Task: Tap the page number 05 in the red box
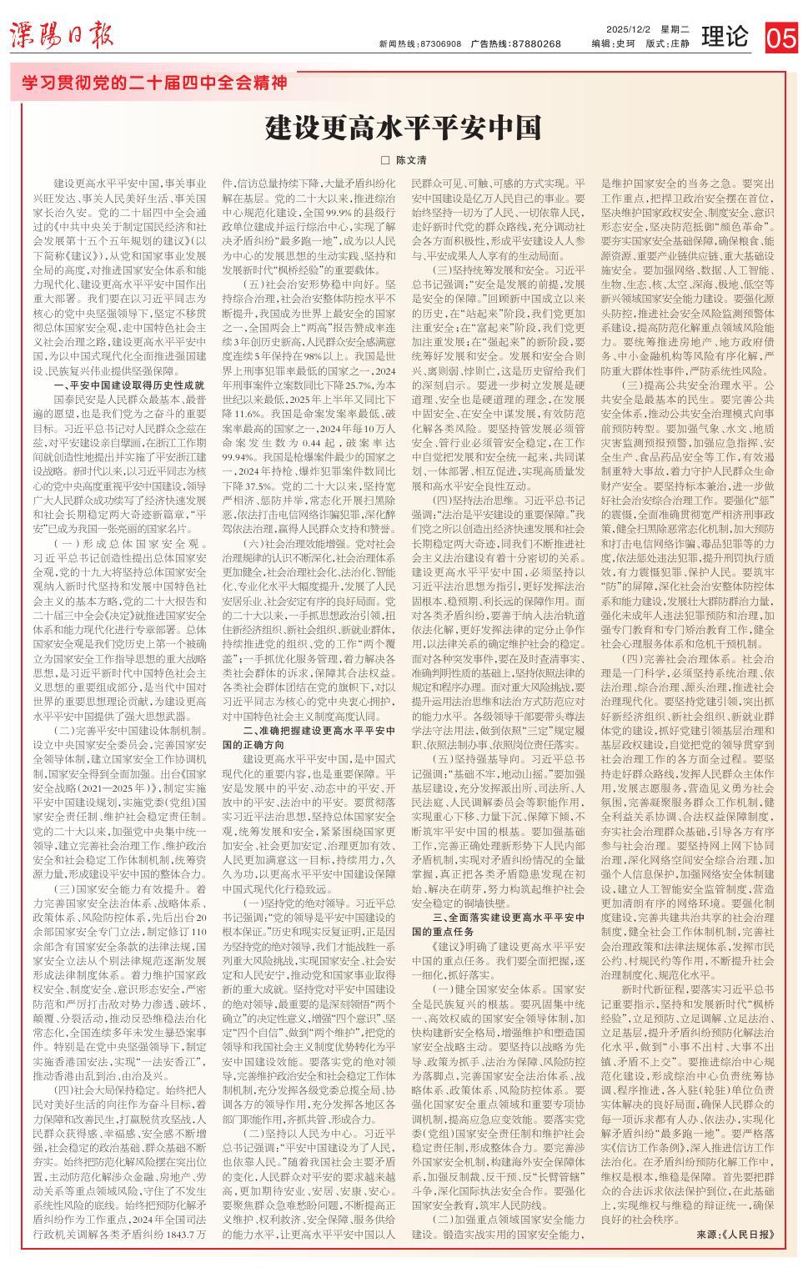pyautogui.click(x=781, y=38)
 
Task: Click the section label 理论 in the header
pyautogui.click(x=725, y=37)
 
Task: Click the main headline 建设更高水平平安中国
pyautogui.click(x=404, y=128)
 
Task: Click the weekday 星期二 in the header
pyautogui.click(x=675, y=29)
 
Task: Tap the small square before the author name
pyautogui.click(x=385, y=159)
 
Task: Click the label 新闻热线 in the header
pyautogui.click(x=396, y=44)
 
